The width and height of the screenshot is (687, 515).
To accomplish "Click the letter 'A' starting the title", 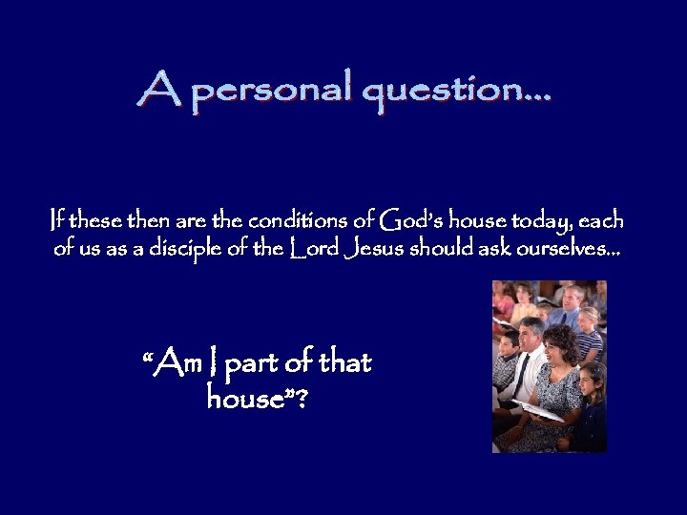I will pyautogui.click(x=156, y=90).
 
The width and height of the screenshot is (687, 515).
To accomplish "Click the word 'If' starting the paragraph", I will pyautogui.click(x=58, y=221).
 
